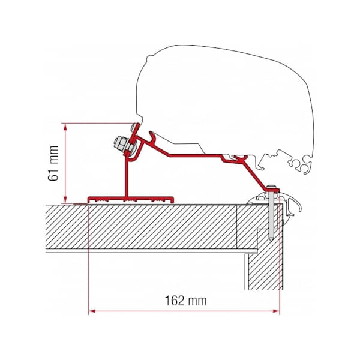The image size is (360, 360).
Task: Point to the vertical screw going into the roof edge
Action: [273, 216]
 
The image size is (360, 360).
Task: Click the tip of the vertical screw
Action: [273, 239]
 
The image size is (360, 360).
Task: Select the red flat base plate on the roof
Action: [131, 198]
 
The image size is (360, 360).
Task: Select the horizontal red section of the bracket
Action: [192, 154]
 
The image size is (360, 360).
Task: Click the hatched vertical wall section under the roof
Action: [264, 264]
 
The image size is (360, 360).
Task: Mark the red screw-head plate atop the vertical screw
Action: [273, 190]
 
